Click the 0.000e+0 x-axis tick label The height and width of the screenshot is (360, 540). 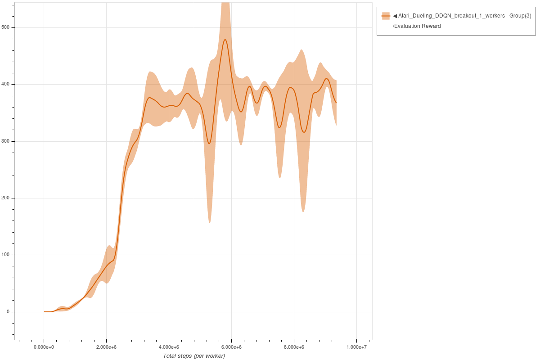(x=44, y=347)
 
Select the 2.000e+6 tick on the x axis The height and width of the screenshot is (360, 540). (x=107, y=347)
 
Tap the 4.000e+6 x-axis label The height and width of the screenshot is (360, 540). (x=169, y=347)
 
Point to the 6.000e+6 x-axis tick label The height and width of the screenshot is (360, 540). (x=232, y=347)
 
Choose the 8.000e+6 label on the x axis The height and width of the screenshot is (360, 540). (x=294, y=347)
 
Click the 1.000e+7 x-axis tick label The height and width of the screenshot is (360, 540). (x=356, y=347)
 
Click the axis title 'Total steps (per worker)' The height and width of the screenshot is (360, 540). (x=194, y=356)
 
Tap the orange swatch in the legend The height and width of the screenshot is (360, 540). (x=386, y=16)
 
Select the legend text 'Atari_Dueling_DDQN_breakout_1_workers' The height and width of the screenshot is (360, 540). (x=450, y=16)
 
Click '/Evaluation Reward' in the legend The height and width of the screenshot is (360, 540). (x=417, y=26)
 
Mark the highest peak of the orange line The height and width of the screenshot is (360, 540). (x=225, y=40)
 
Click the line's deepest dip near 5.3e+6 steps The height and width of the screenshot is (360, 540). (x=209, y=144)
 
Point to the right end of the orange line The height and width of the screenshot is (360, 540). (x=336, y=103)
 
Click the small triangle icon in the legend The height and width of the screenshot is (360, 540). (x=395, y=16)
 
